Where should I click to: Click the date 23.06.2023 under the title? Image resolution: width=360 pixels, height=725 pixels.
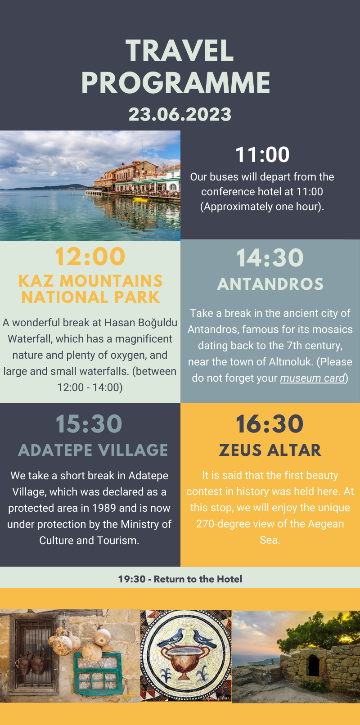click(x=180, y=114)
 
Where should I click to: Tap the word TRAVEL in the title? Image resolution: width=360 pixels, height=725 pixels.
click(x=180, y=50)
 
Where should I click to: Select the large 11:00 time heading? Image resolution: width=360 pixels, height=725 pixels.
click(x=262, y=154)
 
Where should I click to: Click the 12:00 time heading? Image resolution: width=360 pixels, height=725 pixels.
click(x=90, y=257)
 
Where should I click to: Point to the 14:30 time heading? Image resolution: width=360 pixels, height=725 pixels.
click(x=270, y=258)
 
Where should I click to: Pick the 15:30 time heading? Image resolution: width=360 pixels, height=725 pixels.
click(x=89, y=423)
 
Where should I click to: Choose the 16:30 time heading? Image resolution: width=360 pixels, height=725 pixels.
click(x=270, y=423)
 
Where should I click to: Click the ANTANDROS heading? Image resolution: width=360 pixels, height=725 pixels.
click(x=270, y=284)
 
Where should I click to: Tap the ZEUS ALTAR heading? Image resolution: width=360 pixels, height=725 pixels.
click(x=270, y=450)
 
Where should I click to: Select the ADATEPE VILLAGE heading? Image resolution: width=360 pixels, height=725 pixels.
click(x=93, y=450)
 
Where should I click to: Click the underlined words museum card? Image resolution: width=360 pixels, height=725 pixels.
click(x=312, y=378)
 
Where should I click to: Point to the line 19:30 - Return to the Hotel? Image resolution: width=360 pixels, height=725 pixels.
click(x=180, y=579)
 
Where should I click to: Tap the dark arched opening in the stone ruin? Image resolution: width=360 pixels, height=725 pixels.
click(x=313, y=666)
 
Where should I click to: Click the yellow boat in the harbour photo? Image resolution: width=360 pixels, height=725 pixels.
click(x=140, y=199)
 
